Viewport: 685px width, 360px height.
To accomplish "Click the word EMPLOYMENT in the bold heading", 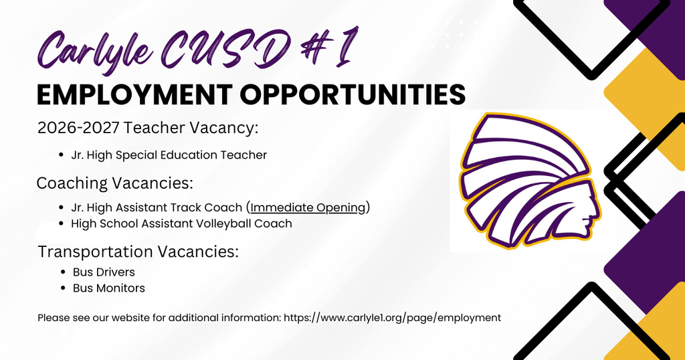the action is click(x=134, y=95).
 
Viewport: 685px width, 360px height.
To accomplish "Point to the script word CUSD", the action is click(x=227, y=48).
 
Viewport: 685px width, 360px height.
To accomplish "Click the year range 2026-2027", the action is click(x=78, y=128).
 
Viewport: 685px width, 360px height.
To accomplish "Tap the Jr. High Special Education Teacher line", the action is click(x=169, y=155).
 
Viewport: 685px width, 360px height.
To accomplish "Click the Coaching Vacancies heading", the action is click(x=114, y=183).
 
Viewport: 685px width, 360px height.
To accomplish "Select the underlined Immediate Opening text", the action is click(x=308, y=207).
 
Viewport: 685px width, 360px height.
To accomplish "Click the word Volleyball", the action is click(x=223, y=223).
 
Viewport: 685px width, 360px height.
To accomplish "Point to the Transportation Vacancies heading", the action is click(x=138, y=252).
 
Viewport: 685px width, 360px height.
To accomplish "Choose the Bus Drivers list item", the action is click(x=104, y=272).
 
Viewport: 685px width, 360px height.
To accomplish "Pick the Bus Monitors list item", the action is click(x=109, y=288).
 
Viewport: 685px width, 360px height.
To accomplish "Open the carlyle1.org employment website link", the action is click(x=392, y=318).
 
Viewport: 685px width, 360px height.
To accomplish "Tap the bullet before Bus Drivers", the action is click(x=64, y=272).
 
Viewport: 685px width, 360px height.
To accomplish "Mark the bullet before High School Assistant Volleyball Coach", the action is click(x=62, y=224).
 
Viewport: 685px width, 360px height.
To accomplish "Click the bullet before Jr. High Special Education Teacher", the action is click(x=62, y=155).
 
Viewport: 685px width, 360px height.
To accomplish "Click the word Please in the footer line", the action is click(x=52, y=318).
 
